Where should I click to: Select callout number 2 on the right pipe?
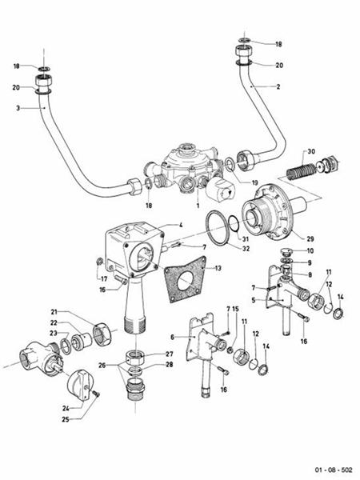click(277, 86)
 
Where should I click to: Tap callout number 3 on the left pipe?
click(17, 107)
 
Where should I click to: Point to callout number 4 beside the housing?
click(181, 226)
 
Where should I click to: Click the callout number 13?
click(219, 270)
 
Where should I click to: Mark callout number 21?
click(54, 312)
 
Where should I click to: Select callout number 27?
click(170, 354)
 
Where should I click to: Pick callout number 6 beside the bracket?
click(172, 338)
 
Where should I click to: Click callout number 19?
click(255, 182)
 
